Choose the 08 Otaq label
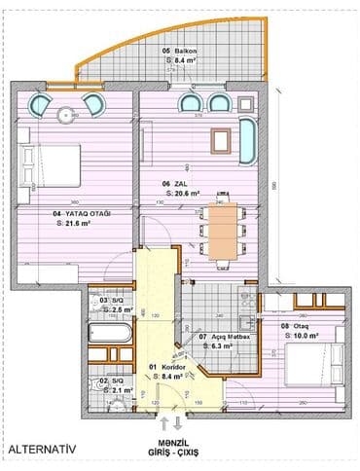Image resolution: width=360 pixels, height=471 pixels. pyautogui.click(x=295, y=326)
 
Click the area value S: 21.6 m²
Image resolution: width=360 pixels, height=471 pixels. pyautogui.click(x=74, y=222)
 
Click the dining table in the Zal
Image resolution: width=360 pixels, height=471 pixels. pyautogui.click(x=223, y=234)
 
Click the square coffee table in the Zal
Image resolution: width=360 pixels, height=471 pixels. pyautogui.click(x=220, y=137)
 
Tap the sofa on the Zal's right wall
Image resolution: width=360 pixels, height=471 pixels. pyautogui.click(x=244, y=138)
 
